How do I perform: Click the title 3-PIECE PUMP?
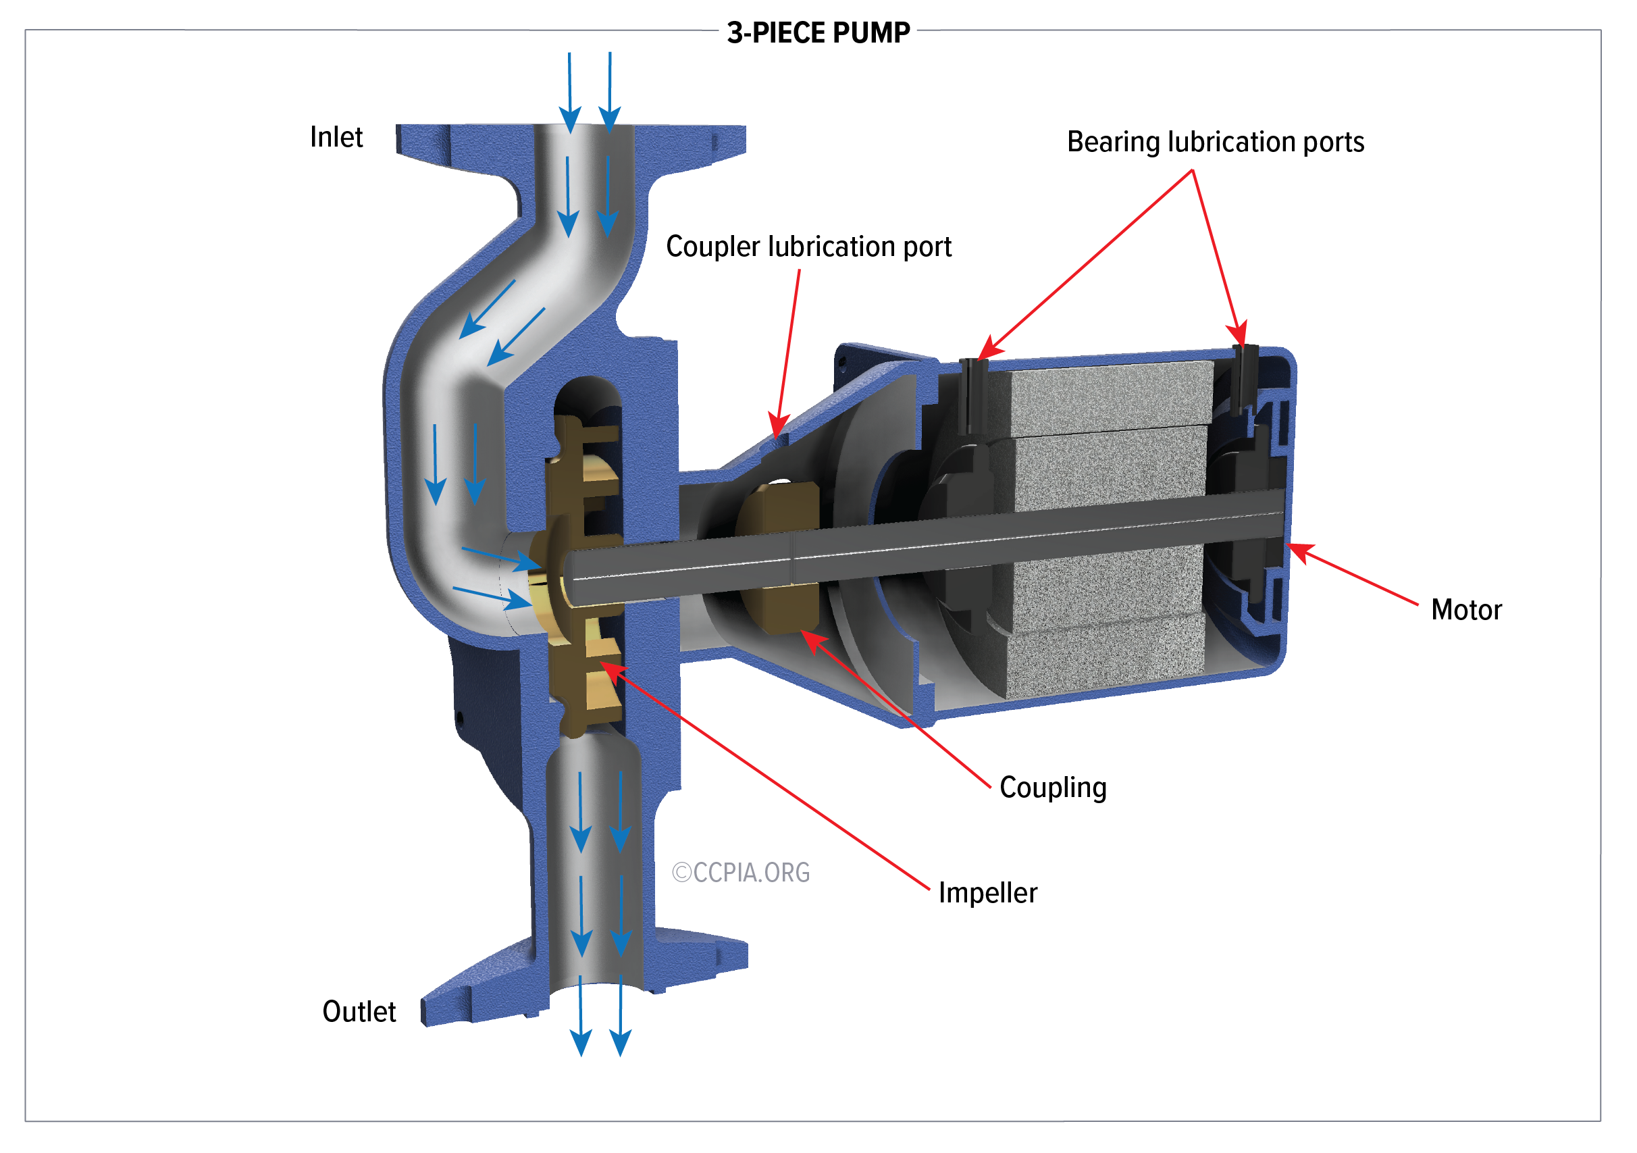pyautogui.click(x=818, y=33)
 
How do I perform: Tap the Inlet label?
pyautogui.click(x=336, y=137)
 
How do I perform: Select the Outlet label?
pyautogui.click(x=359, y=1012)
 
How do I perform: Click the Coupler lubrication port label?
pyautogui.click(x=808, y=247)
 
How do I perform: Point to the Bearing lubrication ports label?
pyautogui.click(x=1215, y=142)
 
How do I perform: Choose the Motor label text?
pyautogui.click(x=1466, y=611)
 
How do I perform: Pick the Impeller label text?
pyautogui.click(x=987, y=893)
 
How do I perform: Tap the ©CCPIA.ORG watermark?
pyautogui.click(x=741, y=873)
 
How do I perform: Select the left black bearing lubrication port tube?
pyautogui.click(x=973, y=396)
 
